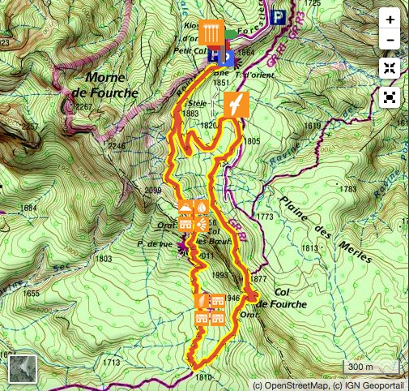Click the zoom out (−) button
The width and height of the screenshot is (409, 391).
(390, 39)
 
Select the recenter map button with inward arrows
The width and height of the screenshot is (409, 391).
(390, 69)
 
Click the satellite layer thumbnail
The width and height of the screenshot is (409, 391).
(22, 369)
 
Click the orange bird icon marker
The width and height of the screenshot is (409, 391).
(236, 105)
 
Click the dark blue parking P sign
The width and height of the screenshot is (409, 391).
(279, 16)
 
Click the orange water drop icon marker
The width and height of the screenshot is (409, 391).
(200, 208)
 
